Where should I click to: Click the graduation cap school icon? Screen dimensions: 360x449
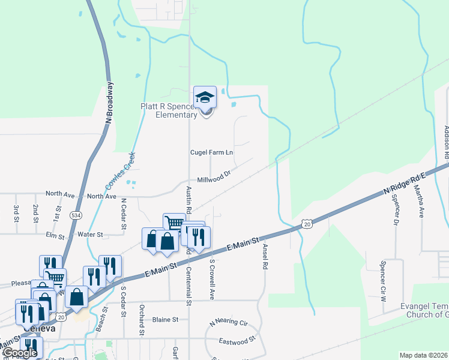(x=205, y=97)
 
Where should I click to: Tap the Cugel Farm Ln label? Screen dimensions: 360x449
(x=211, y=152)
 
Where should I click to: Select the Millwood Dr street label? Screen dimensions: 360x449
(x=214, y=178)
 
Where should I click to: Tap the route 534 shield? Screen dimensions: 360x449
(x=76, y=215)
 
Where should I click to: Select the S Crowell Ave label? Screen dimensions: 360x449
(x=212, y=279)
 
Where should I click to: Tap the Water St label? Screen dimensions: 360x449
(x=91, y=235)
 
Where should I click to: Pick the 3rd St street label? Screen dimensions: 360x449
(x=16, y=214)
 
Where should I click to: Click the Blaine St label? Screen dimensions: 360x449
(x=166, y=320)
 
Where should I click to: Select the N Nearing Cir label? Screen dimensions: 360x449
(x=229, y=323)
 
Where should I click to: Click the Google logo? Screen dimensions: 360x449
(x=20, y=353)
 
